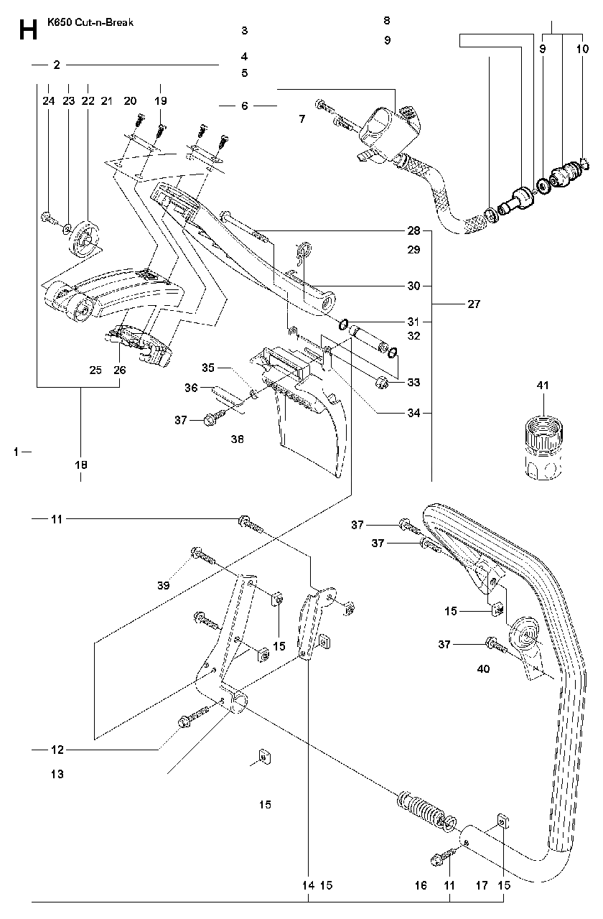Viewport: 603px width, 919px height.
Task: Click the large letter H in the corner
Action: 28,30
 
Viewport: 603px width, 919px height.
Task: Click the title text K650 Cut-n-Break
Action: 90,22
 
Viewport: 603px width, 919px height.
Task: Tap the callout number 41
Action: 543,386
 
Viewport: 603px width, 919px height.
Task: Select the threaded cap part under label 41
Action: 543,447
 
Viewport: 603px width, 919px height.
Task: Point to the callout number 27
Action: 474,304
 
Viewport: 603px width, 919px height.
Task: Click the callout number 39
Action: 163,585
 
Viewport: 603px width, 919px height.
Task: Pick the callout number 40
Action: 483,669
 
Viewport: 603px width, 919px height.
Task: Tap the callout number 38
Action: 237,439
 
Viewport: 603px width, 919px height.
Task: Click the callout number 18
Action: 81,465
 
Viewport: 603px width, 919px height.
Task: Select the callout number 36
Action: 191,388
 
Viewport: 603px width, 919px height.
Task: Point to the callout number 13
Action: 57,774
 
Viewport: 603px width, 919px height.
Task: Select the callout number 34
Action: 414,413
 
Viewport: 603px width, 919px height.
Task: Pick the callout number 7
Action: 302,119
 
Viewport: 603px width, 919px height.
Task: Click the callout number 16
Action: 421,885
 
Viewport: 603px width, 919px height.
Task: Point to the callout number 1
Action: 16,452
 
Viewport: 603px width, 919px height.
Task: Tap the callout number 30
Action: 414,286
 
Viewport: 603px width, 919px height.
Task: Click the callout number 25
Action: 95,370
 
